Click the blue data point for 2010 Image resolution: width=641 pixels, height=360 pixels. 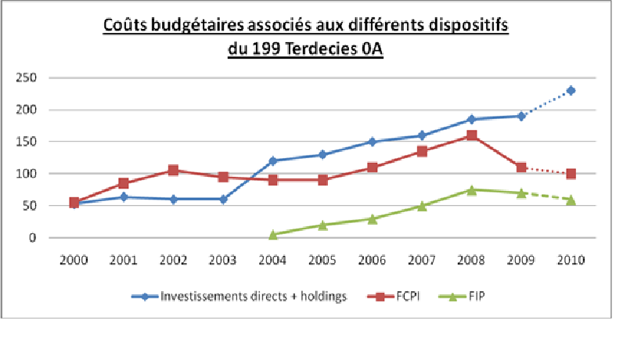coord(571,91)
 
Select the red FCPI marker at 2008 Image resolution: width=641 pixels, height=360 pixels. coord(471,135)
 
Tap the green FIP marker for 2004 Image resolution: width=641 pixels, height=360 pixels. coord(273,234)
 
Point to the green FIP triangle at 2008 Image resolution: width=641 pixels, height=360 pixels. coord(471,189)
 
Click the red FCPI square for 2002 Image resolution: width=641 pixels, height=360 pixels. coord(174,171)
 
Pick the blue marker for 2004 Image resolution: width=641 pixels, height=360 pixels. coord(273,160)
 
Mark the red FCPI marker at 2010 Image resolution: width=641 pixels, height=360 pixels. coord(571,174)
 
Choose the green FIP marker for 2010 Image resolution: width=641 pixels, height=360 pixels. coord(571,200)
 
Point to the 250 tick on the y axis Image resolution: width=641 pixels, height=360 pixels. coord(27,77)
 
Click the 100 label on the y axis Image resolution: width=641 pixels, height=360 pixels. coord(27,174)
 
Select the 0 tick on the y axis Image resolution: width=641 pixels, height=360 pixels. coord(33,238)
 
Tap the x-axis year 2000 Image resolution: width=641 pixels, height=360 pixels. coord(74,260)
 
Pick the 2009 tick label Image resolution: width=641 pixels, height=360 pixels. coord(521,260)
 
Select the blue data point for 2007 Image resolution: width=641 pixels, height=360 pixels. coord(422,135)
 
